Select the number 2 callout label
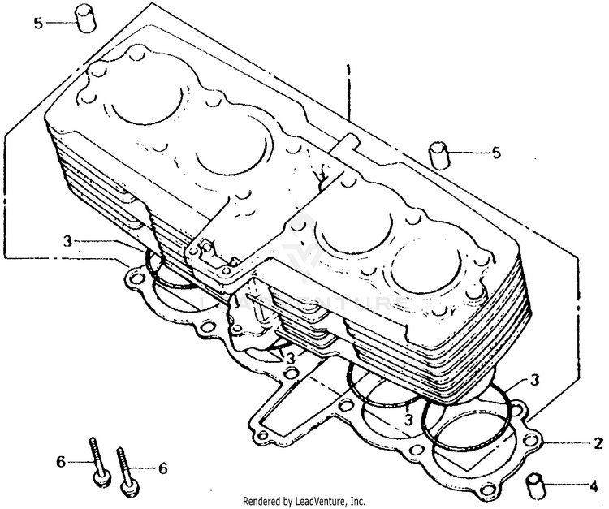(x=598, y=443)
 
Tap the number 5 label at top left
(x=37, y=23)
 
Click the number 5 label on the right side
(x=496, y=153)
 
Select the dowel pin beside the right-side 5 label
(x=440, y=154)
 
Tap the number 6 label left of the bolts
(x=59, y=462)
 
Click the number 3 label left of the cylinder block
(x=69, y=241)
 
